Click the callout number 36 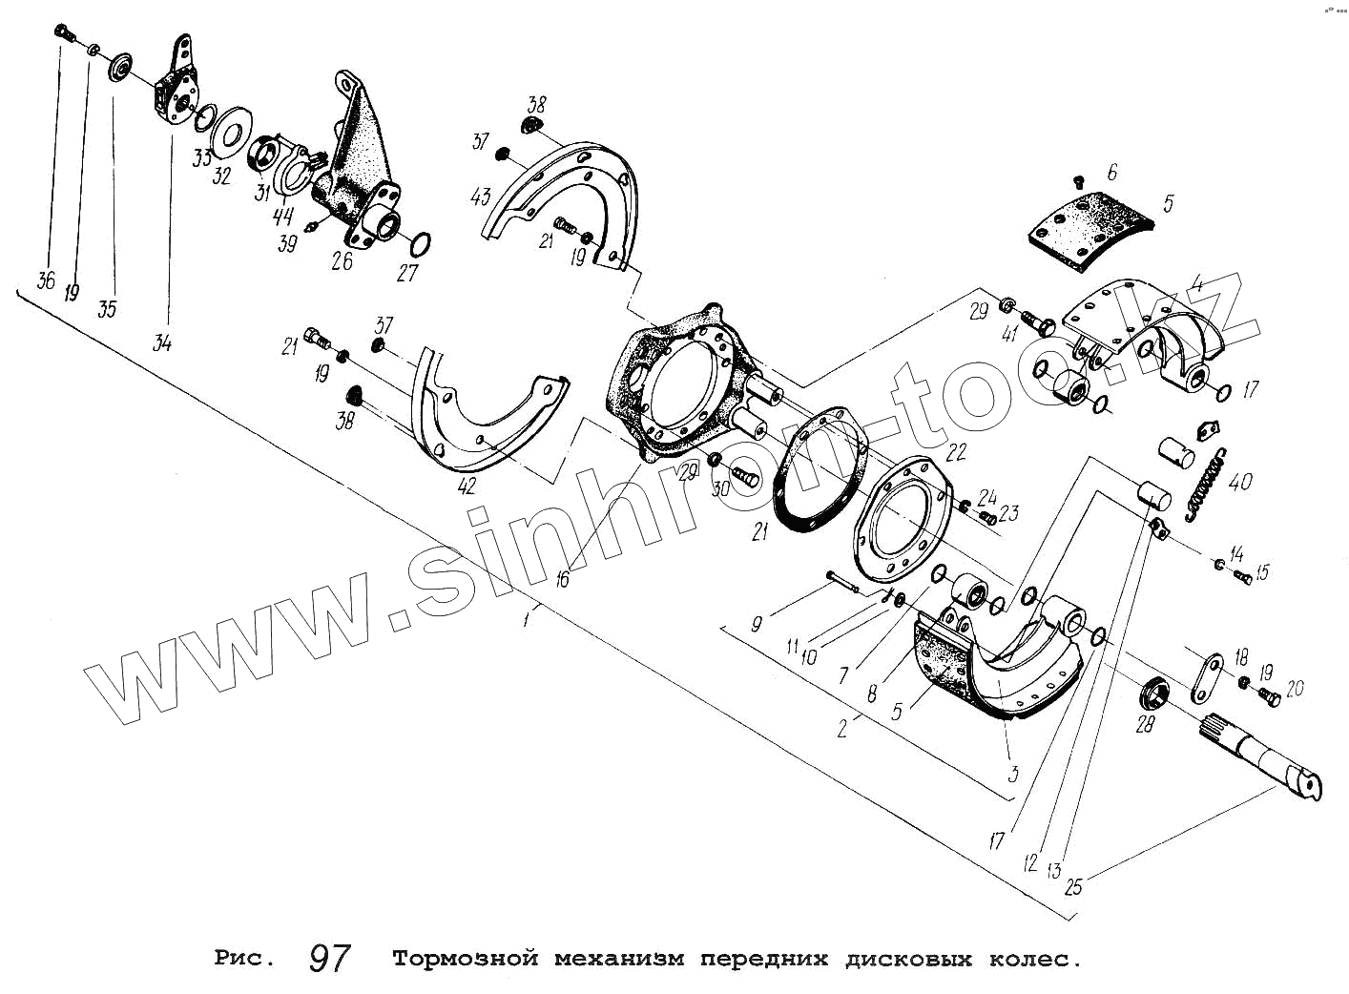point(45,280)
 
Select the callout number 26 point(342,260)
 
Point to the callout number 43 point(481,197)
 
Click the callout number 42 point(467,486)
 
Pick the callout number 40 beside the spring point(1240,482)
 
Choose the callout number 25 point(1072,887)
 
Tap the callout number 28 point(1145,725)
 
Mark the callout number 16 point(562,578)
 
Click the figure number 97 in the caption point(330,959)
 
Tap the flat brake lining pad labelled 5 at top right point(1088,230)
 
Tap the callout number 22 point(957,451)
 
